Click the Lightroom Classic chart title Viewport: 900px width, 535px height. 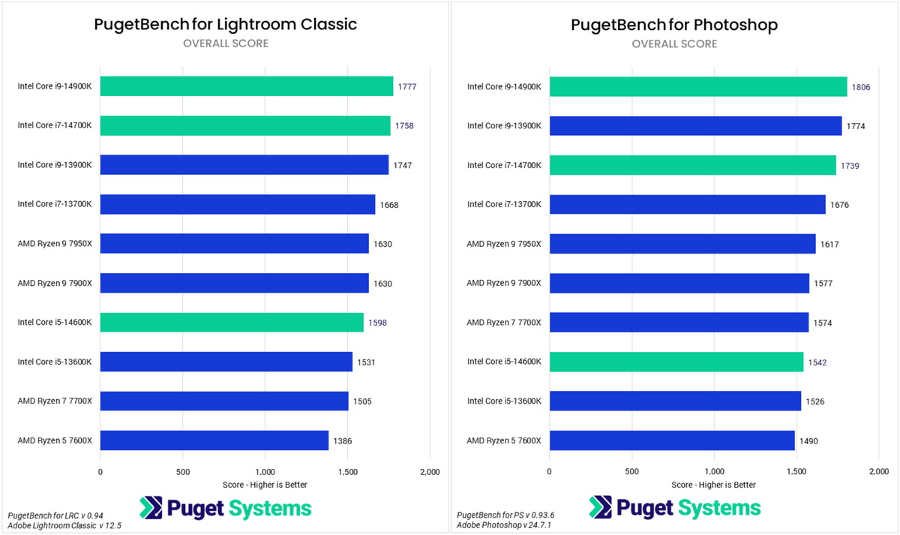point(225,24)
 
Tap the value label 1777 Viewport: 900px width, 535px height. point(407,86)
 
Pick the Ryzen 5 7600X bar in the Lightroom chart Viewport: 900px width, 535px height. point(214,440)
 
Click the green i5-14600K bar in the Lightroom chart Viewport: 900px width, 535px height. point(232,323)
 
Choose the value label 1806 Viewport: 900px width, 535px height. point(861,86)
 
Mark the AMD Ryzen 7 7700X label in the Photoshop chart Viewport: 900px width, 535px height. point(503,323)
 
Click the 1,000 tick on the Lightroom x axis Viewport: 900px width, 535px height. point(265,472)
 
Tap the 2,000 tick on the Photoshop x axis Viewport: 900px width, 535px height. point(879,472)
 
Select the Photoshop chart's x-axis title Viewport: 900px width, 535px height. point(713,485)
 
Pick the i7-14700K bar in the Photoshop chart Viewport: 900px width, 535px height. point(692,165)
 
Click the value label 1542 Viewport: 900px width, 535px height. point(817,362)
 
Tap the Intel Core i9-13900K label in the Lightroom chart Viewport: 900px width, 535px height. point(55,165)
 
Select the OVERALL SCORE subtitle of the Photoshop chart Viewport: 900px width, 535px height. point(674,44)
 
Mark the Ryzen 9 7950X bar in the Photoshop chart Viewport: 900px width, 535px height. point(682,244)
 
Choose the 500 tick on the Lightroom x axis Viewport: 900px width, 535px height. point(182,472)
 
